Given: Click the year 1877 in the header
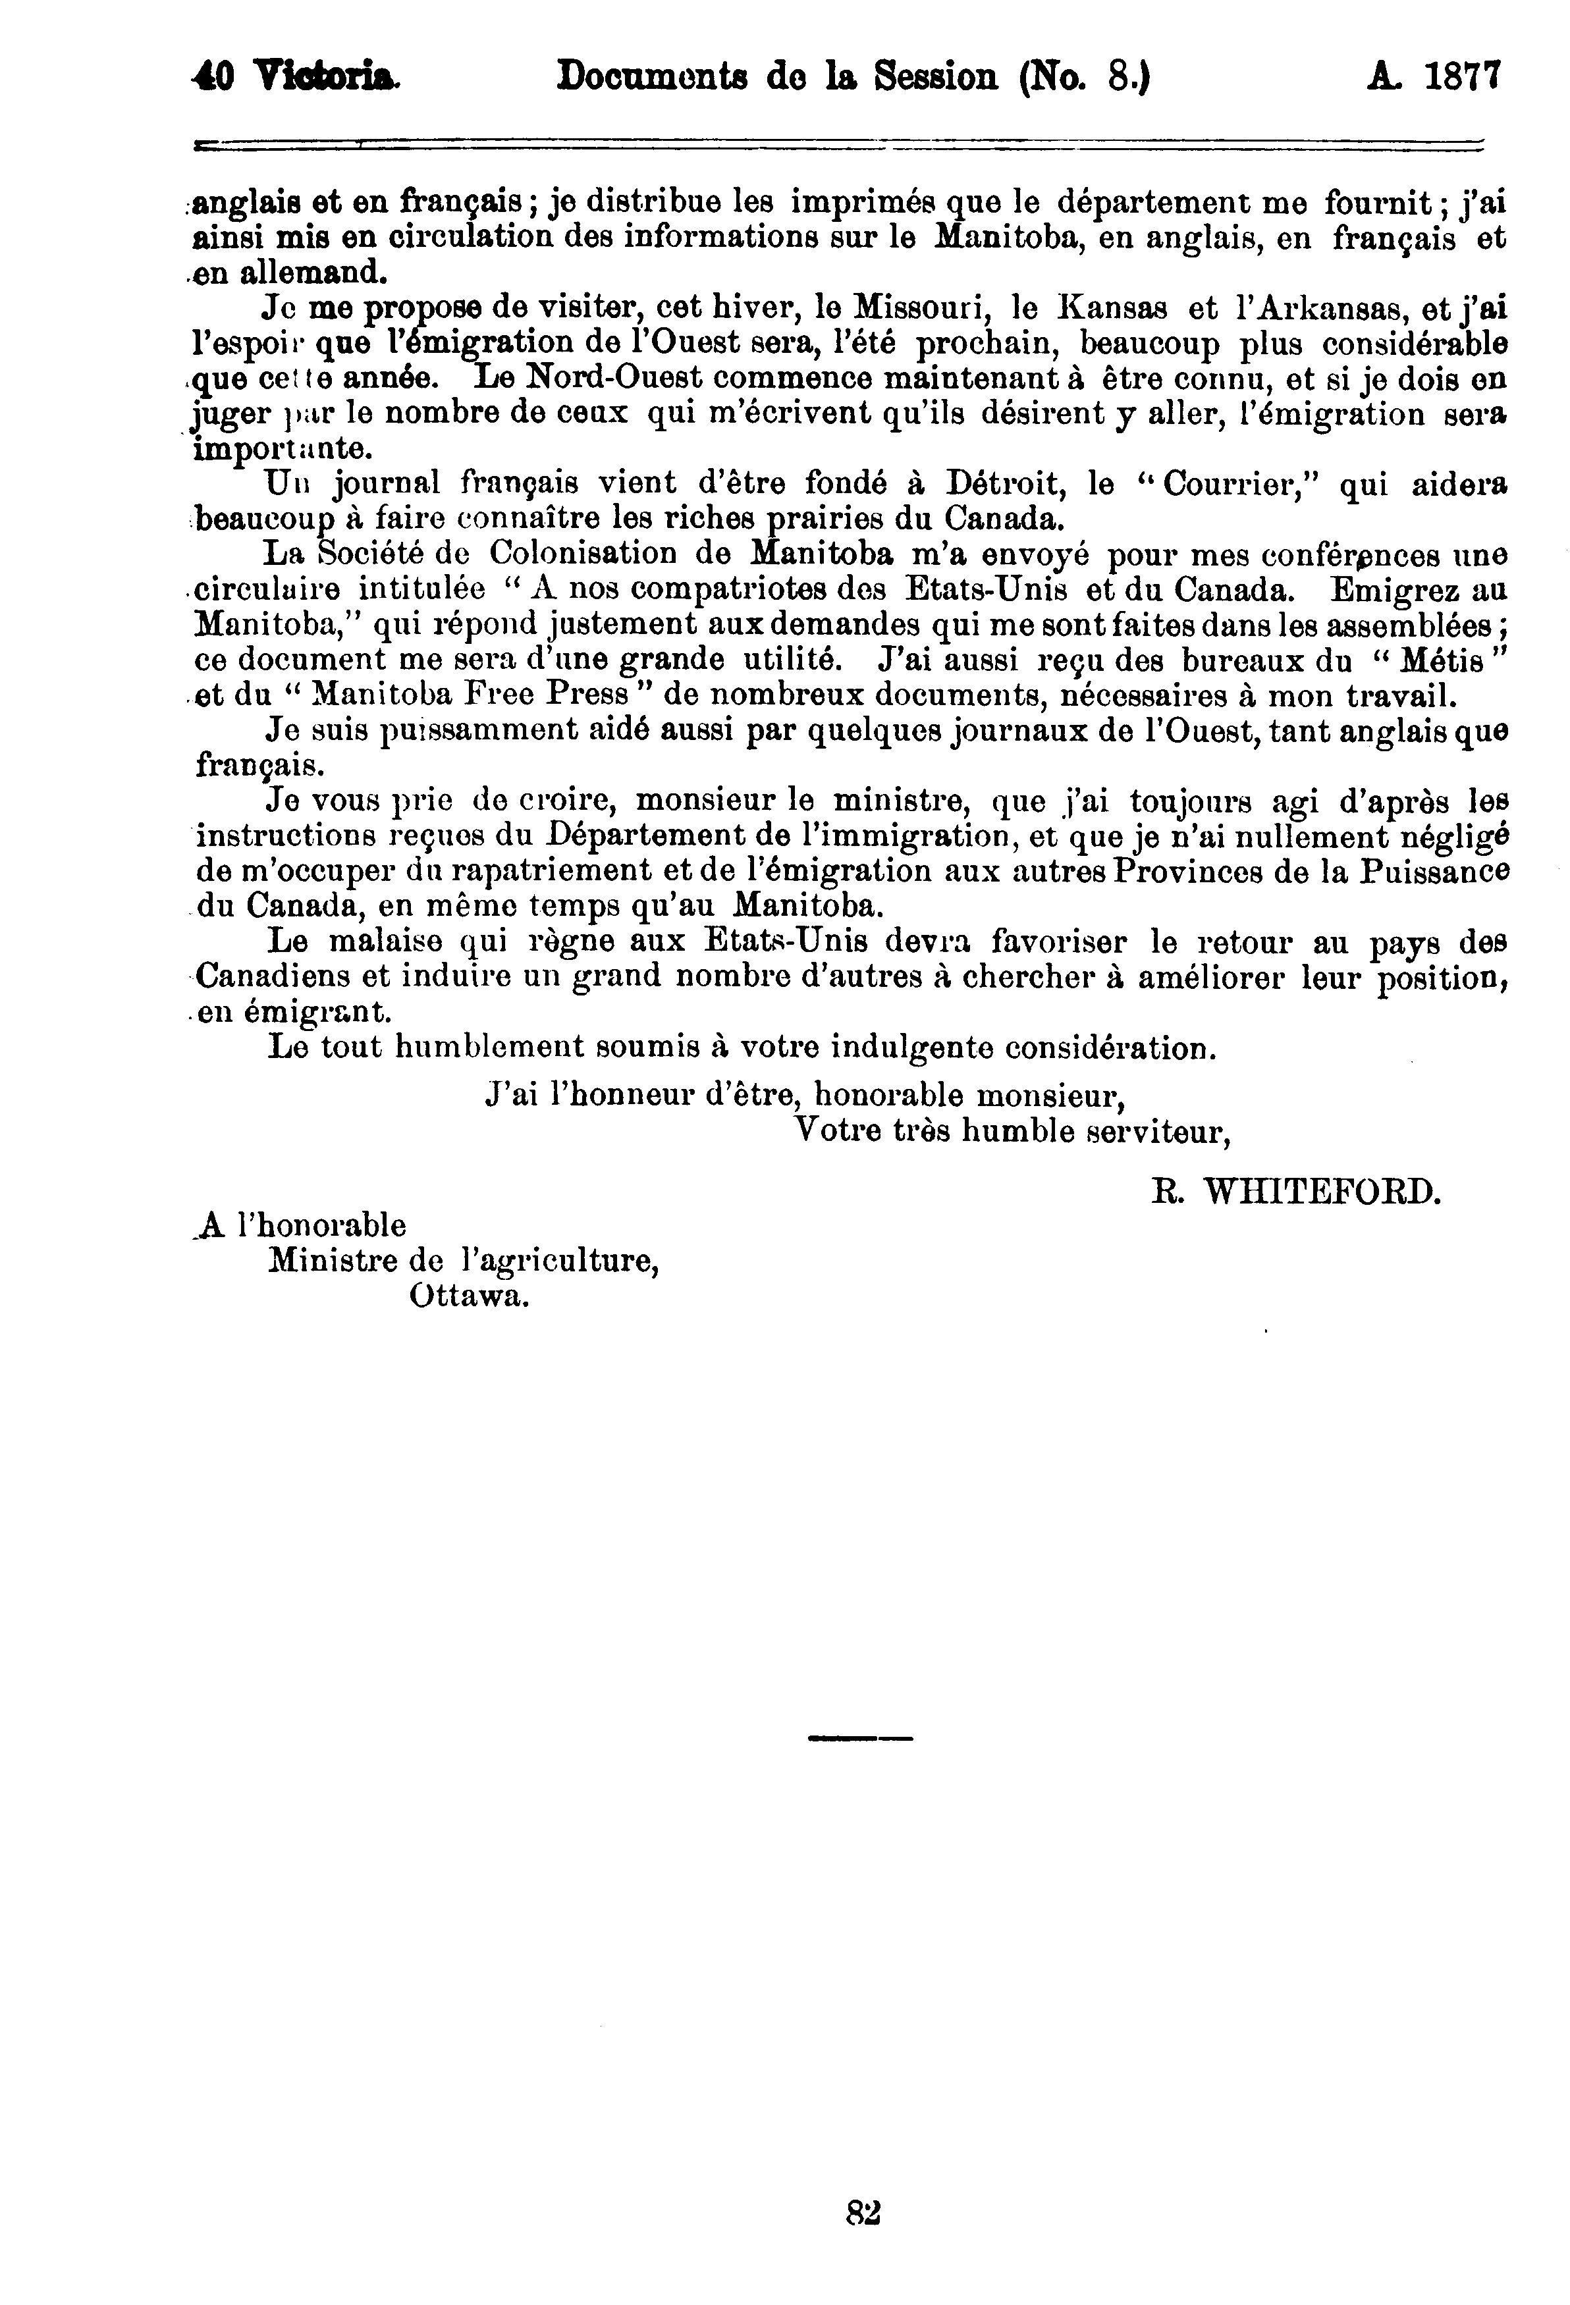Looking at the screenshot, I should click(1464, 78).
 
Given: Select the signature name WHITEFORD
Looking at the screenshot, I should click(1321, 1191).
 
